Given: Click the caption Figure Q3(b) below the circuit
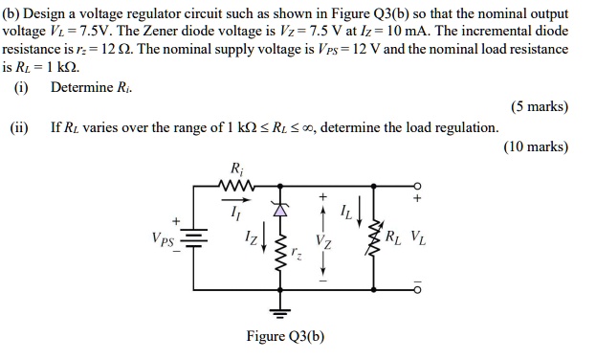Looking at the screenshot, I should click(x=284, y=336).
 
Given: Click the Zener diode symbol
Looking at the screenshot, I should click(x=281, y=212).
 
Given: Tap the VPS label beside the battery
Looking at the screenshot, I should click(x=163, y=237).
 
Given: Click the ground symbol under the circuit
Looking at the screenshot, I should click(x=281, y=310).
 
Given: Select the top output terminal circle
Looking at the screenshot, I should click(x=416, y=186).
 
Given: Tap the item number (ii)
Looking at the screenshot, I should click(x=20, y=127).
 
